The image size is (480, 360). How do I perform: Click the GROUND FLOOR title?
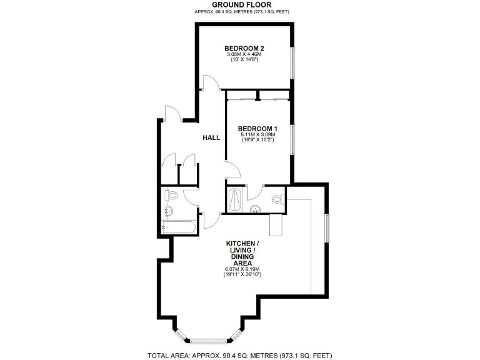click(x=240, y=4)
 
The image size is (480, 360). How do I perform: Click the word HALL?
click(x=211, y=137)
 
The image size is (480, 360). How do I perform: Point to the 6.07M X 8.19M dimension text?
click(x=241, y=269)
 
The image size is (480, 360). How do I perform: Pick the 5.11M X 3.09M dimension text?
click(x=257, y=136)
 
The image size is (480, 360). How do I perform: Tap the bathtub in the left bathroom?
click(x=179, y=227)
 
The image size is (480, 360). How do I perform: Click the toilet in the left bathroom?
click(x=171, y=196)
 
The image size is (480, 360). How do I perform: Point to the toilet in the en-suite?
click(x=278, y=199)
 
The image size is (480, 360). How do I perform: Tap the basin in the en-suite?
click(x=256, y=209)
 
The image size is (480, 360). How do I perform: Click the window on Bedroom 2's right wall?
click(x=292, y=62)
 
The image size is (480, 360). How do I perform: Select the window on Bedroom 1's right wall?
click(x=292, y=138)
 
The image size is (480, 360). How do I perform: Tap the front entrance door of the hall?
click(x=172, y=114)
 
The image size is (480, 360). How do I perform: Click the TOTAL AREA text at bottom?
click(x=240, y=355)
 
